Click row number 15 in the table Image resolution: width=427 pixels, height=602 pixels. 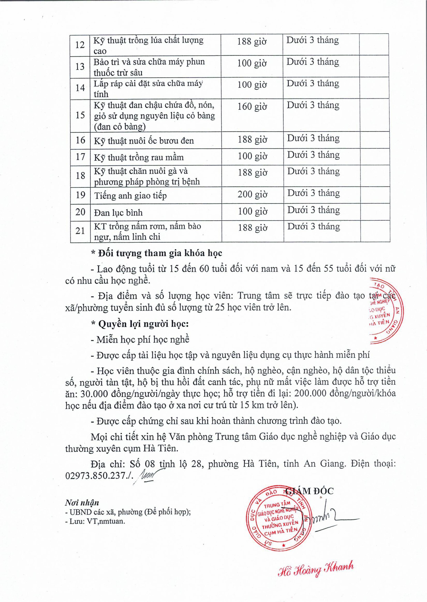pos(80,115)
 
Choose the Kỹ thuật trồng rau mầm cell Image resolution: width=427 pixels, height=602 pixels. pos(139,157)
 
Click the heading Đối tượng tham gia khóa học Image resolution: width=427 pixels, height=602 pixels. pos(160,253)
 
